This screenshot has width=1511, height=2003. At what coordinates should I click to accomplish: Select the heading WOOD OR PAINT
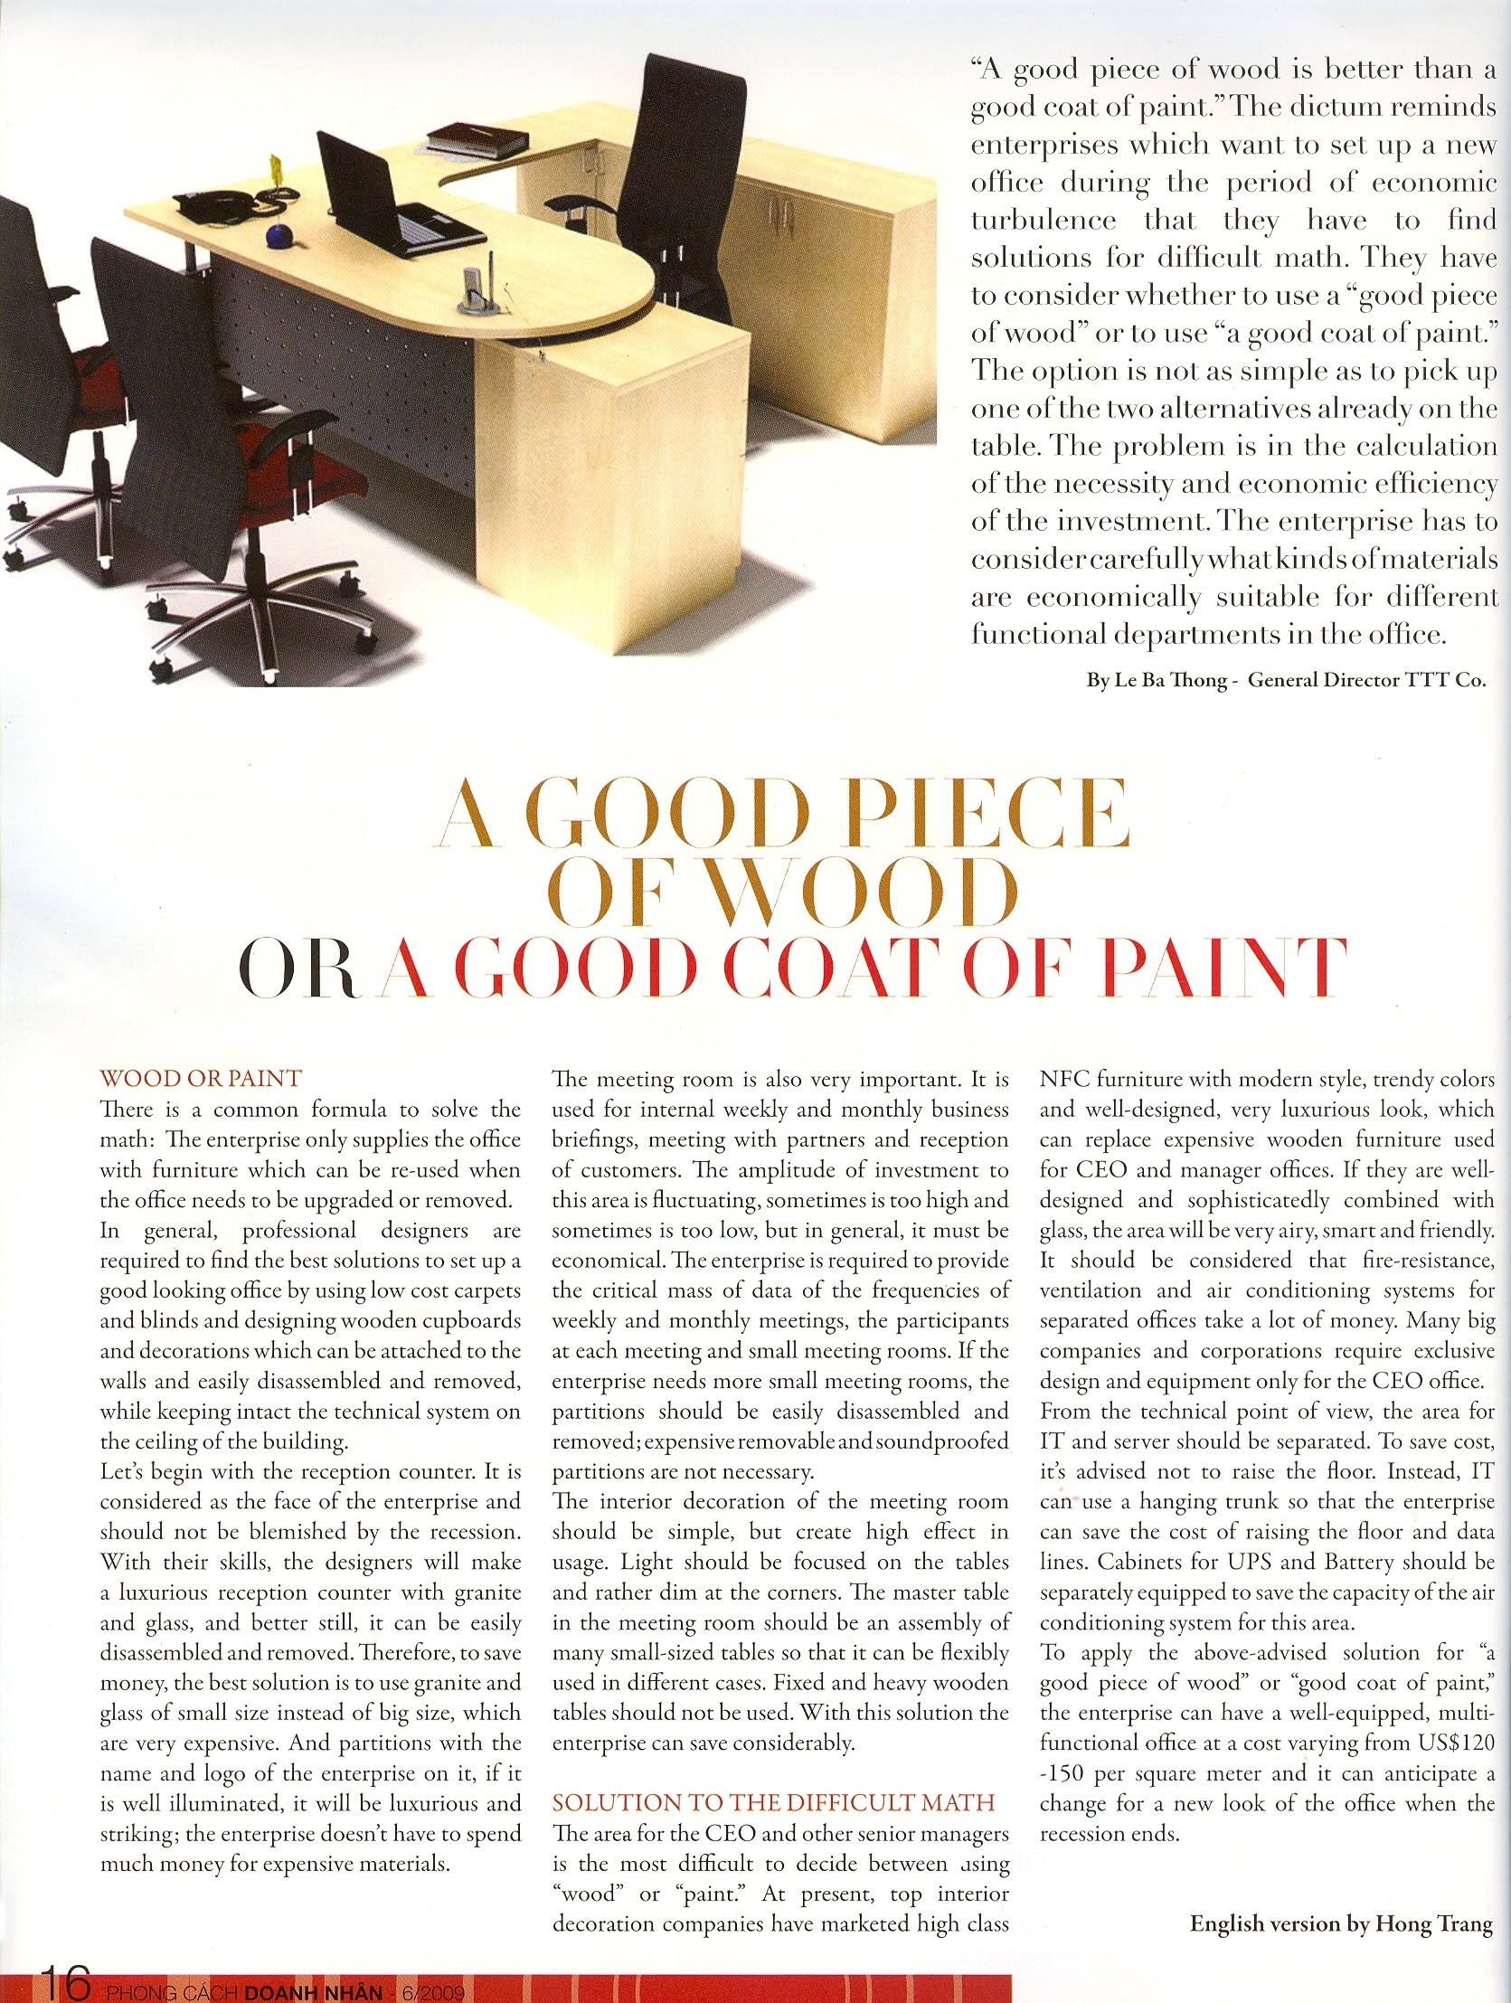click(200, 1079)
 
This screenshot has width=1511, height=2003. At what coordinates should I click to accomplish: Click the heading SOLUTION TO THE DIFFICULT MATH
click(773, 1802)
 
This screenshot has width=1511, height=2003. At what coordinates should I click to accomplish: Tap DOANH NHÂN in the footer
click(308, 1992)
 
